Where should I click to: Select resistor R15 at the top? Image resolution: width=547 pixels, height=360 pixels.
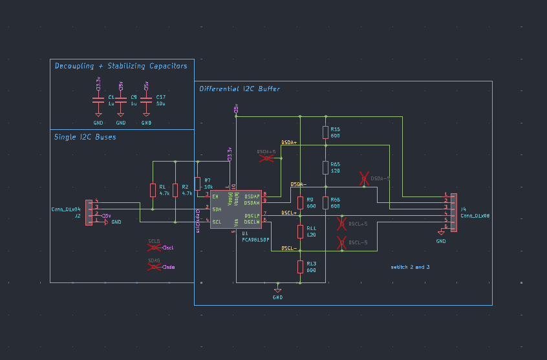tap(325, 132)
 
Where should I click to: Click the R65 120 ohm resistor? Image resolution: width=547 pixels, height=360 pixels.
tap(325, 167)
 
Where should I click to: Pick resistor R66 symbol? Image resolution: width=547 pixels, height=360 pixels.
tap(325, 202)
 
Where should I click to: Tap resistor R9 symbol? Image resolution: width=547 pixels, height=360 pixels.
tap(300, 202)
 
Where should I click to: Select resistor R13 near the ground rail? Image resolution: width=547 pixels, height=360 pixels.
tap(300, 266)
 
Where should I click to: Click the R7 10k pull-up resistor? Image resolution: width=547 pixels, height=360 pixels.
tap(198, 183)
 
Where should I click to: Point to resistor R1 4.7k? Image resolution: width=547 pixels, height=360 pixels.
tap(153, 189)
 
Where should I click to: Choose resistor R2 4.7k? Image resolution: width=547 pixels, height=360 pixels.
tap(176, 189)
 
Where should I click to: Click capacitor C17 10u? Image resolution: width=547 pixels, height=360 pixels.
tap(147, 101)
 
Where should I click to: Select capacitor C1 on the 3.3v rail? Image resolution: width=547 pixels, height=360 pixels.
tap(98, 101)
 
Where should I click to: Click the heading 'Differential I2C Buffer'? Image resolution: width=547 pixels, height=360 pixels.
tap(239, 89)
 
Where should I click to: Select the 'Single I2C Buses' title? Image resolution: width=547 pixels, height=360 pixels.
tap(85, 137)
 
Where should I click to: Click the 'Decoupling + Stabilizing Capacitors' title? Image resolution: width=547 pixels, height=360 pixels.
tap(121, 66)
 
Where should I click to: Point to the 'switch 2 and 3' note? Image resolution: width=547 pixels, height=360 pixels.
tap(410, 266)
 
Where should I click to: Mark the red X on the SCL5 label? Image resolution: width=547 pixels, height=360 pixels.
tap(155, 247)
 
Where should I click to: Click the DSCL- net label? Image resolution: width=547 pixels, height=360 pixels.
tap(289, 248)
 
